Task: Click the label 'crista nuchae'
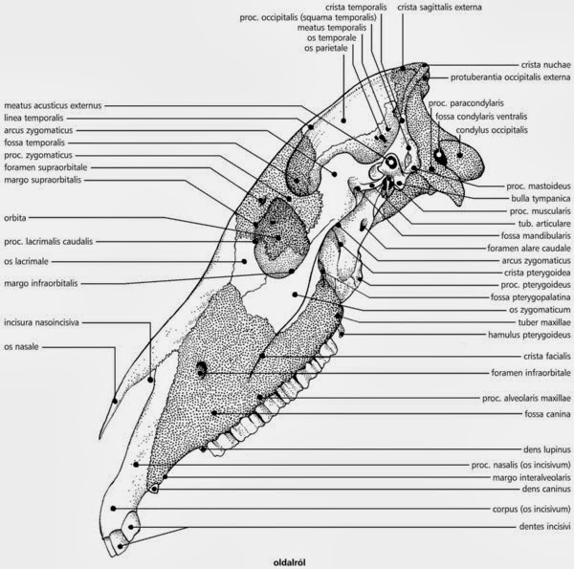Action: (546, 65)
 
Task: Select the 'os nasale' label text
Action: (21, 346)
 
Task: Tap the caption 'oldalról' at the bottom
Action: (289, 562)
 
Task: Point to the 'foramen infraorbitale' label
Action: (531, 373)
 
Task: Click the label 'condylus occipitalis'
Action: (492, 130)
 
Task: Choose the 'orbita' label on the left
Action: (15, 218)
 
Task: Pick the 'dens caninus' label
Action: (546, 489)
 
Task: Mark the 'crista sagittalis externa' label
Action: (439, 7)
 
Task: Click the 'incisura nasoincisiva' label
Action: (41, 322)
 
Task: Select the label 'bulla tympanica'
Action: (541, 199)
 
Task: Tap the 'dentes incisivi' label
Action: (544, 527)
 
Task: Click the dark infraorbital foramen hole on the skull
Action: (201, 369)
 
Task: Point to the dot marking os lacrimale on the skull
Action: (244, 261)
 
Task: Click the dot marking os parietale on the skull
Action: (343, 120)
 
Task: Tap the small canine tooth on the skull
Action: (153, 489)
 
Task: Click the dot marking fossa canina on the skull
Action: (213, 413)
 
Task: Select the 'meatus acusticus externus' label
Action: (53, 105)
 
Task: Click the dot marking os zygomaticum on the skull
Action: (295, 295)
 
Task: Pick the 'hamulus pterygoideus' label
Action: (529, 335)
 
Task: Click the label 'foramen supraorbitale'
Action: (46, 167)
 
